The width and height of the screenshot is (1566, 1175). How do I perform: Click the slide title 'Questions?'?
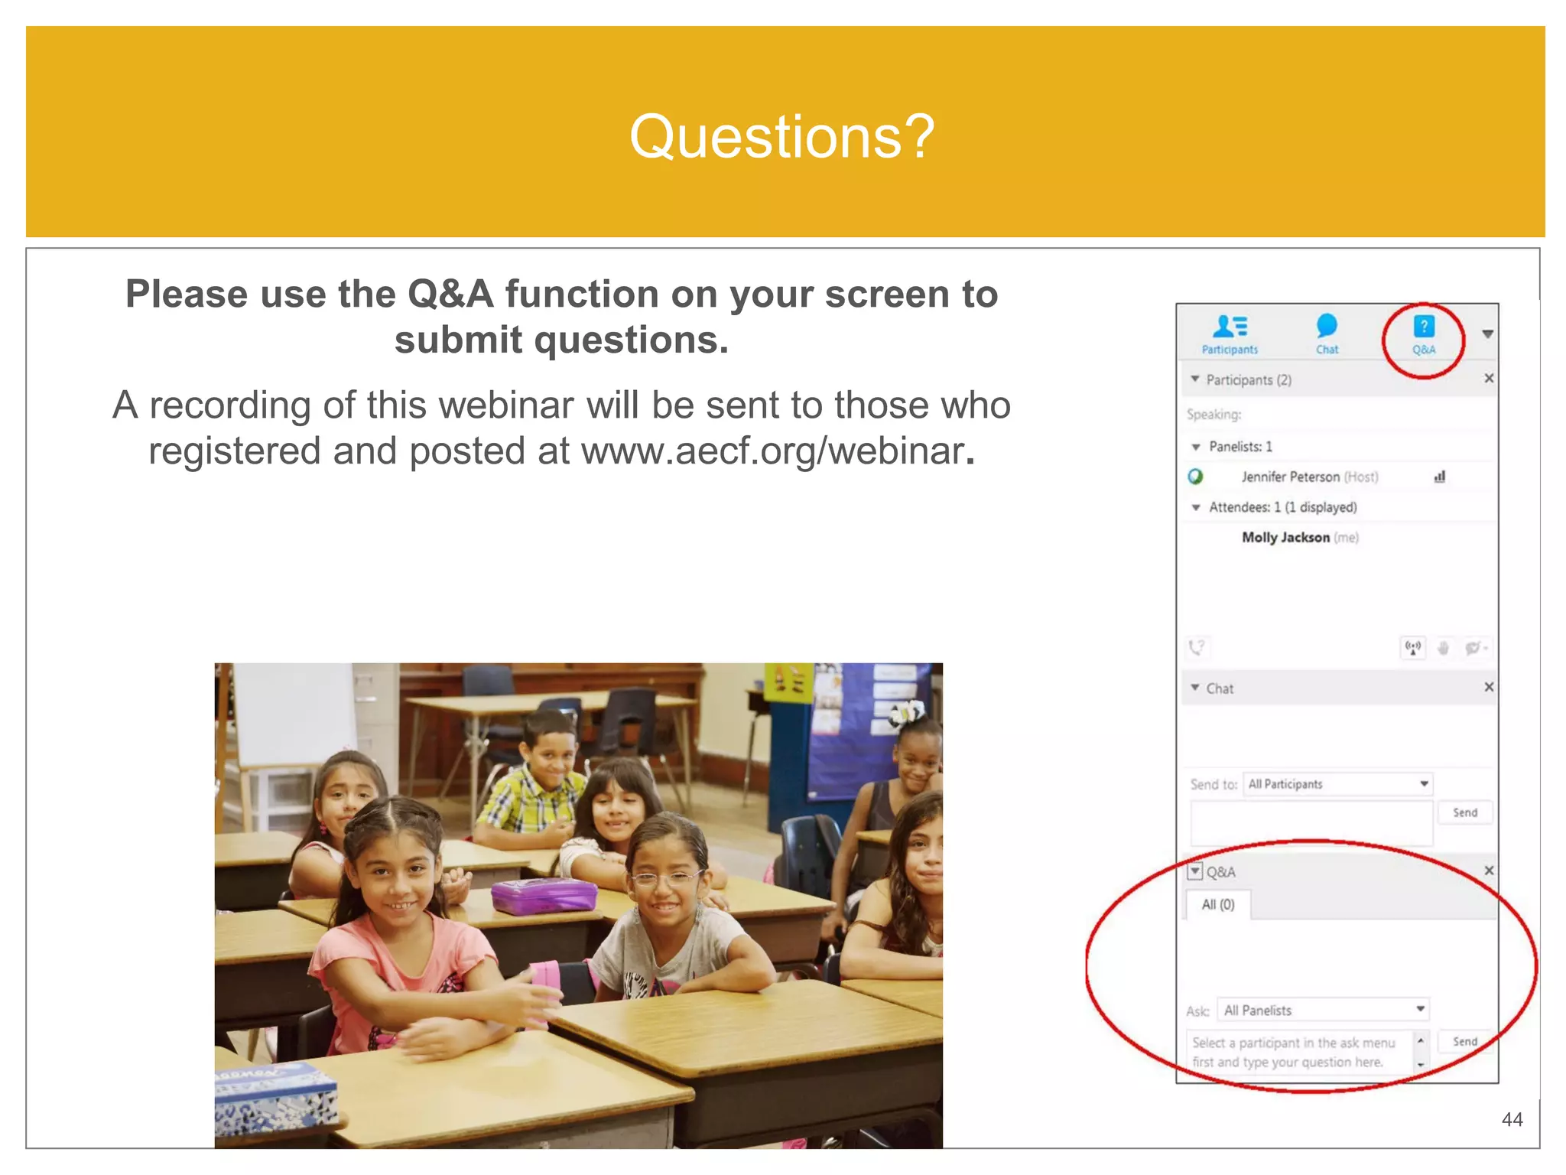(x=781, y=136)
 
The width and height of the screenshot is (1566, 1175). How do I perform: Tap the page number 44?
(x=1512, y=1120)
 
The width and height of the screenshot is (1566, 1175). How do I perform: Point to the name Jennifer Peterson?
(x=1290, y=477)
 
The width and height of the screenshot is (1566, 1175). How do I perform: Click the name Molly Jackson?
(x=1285, y=538)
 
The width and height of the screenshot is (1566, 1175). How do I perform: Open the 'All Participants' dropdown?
(x=1338, y=784)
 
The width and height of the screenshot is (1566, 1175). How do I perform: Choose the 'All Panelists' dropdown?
(x=1324, y=1011)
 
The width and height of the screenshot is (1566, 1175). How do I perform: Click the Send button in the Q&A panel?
(x=1464, y=1042)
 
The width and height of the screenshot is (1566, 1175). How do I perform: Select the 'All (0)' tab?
(x=1218, y=905)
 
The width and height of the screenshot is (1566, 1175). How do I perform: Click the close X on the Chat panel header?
(x=1489, y=687)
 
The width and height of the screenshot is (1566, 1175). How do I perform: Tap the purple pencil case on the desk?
(x=544, y=896)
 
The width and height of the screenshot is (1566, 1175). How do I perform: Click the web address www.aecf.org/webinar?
(x=772, y=451)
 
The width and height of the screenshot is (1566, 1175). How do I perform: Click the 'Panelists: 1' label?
(x=1240, y=447)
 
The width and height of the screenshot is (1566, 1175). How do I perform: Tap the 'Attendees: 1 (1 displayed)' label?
(x=1282, y=507)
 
